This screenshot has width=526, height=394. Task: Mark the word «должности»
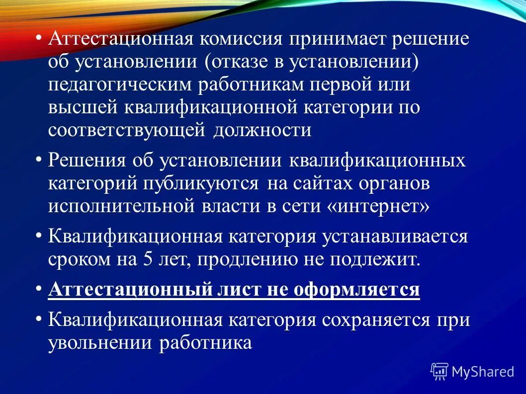tap(263, 130)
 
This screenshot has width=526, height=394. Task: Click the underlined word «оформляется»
tap(356, 289)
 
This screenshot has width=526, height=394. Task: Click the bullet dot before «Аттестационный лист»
tap(39, 288)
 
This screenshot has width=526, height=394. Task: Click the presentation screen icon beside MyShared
tap(439, 371)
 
